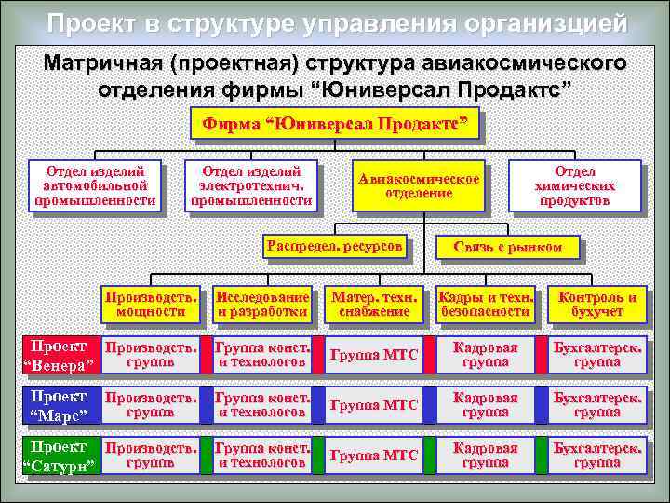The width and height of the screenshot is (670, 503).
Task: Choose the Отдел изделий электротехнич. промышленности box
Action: (251, 186)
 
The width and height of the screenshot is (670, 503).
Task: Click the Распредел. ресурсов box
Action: (334, 247)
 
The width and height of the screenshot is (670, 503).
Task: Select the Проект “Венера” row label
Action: (58, 354)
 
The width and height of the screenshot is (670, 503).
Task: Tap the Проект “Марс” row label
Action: (58, 404)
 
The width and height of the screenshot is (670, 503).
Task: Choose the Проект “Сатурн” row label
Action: (58, 455)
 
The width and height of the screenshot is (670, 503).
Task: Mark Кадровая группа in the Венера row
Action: (485, 354)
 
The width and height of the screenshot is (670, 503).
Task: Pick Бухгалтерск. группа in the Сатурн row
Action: (597, 455)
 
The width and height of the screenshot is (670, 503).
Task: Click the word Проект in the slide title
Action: (90, 23)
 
